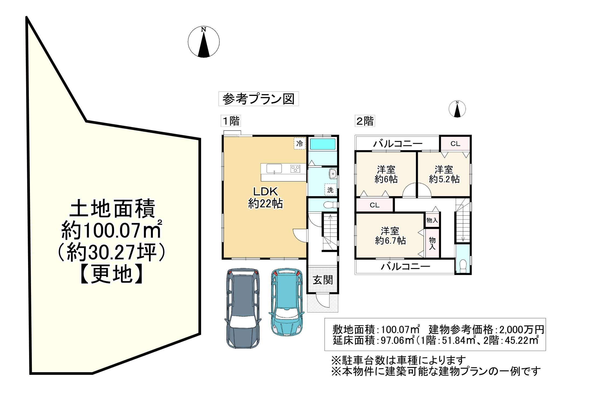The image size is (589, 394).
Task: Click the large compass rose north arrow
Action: [204, 42]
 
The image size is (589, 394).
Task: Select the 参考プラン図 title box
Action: [258, 99]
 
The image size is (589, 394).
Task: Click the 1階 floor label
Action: [231, 121]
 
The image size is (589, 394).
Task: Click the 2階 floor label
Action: [365, 121]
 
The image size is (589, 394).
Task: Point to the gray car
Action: [243, 308]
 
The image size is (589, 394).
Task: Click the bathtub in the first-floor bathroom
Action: [322, 144]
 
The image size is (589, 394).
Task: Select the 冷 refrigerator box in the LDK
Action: [299, 144]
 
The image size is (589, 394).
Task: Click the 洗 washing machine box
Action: [330, 190]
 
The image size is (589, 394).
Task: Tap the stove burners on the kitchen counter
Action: [295, 169]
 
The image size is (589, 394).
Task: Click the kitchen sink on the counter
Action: [274, 169]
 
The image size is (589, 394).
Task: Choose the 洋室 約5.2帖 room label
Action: [444, 174]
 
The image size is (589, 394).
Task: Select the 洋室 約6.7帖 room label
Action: [390, 236]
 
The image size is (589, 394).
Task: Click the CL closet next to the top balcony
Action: [455, 144]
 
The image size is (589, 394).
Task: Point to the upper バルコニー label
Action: [398, 144]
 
